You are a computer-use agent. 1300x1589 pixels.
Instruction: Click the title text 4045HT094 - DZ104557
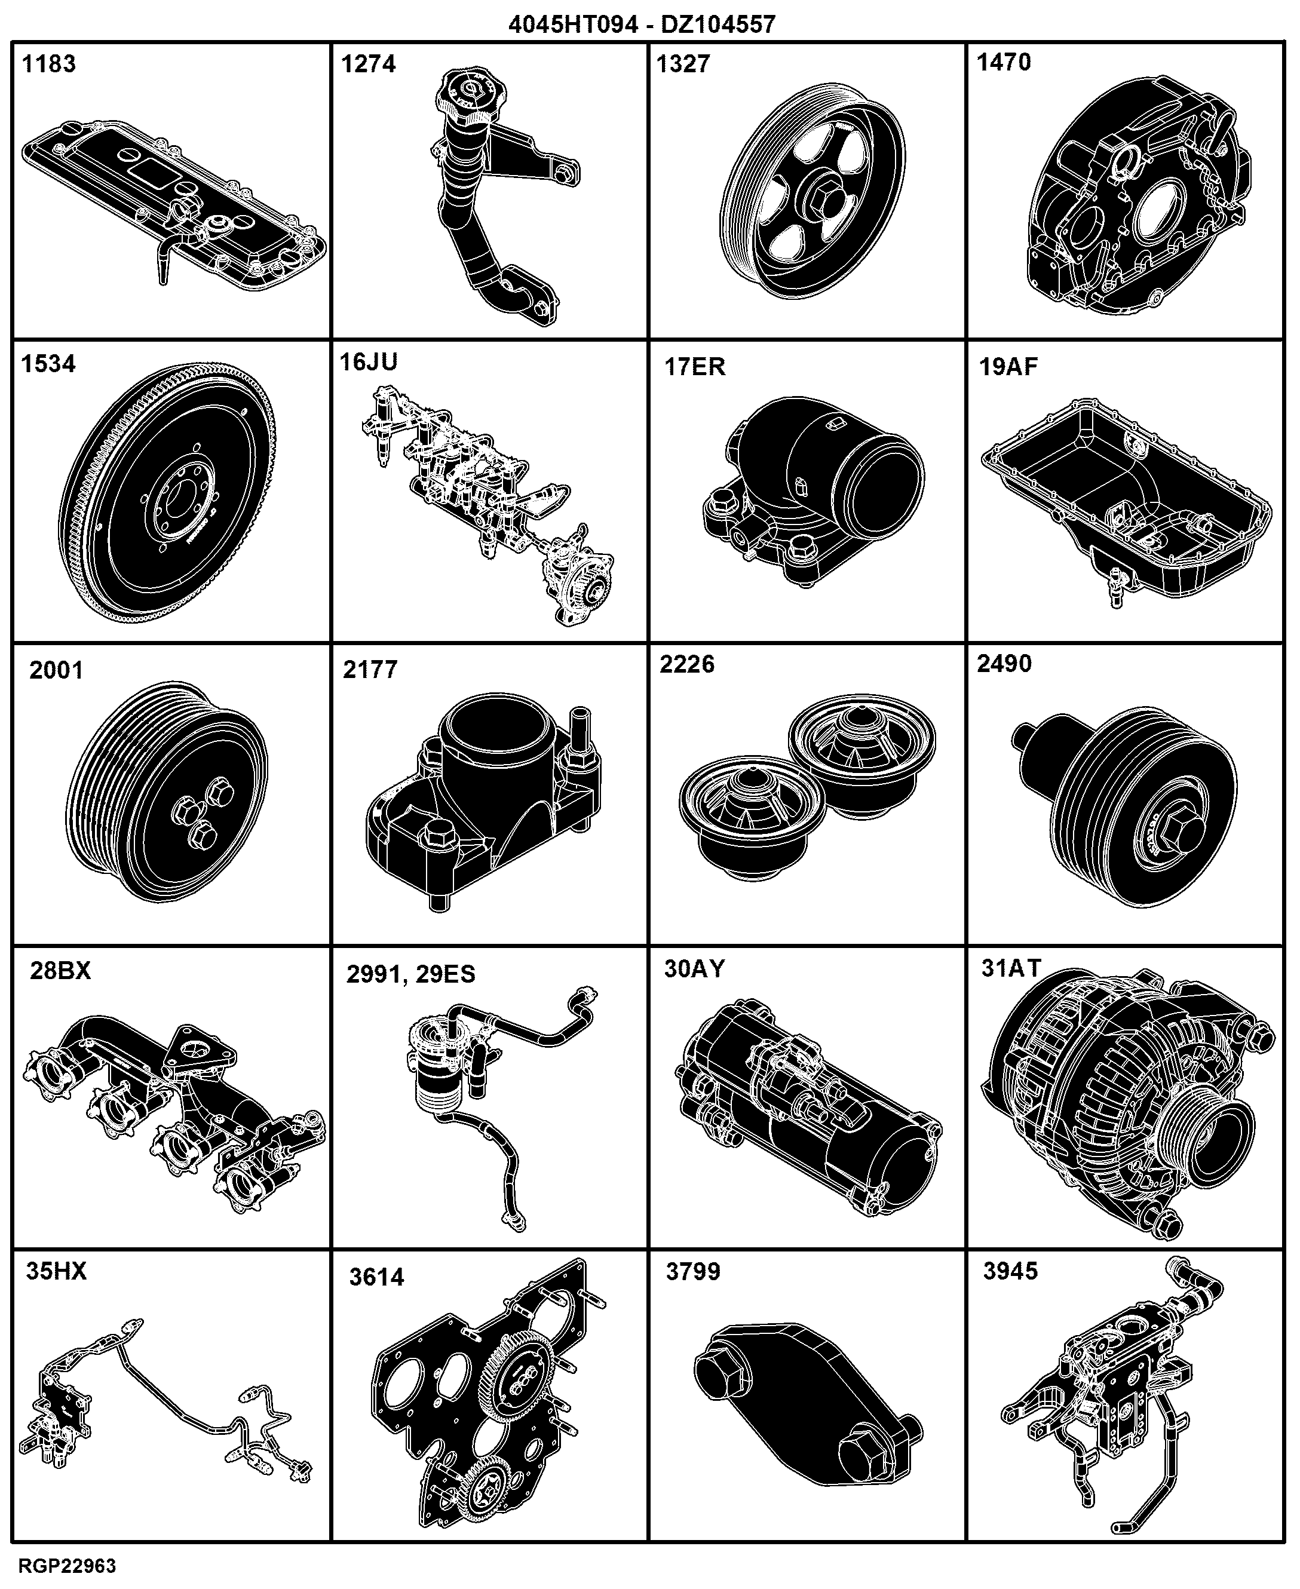click(x=642, y=24)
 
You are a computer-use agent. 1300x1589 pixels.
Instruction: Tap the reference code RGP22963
click(x=68, y=1566)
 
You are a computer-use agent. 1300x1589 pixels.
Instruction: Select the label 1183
click(x=48, y=64)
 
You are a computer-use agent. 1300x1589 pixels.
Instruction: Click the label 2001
click(x=56, y=670)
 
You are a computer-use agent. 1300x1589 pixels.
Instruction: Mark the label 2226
click(x=686, y=664)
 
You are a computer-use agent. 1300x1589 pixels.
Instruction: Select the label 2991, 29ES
click(x=410, y=974)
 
